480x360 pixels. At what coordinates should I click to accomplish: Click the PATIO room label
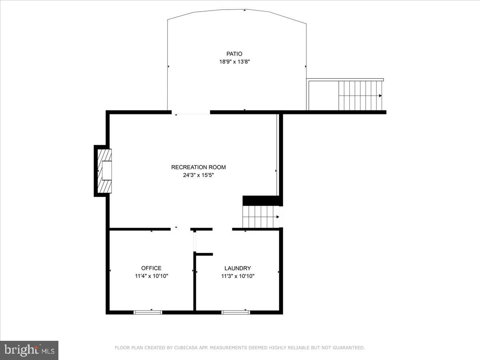(234, 54)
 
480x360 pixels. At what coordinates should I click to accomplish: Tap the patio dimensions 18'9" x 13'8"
(234, 62)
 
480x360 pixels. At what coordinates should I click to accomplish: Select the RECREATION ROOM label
(198, 167)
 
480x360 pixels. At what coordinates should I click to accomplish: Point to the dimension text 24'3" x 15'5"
(198, 175)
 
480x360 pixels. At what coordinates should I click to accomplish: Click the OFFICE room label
(151, 268)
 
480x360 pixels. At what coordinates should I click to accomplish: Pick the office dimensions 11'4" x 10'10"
(151, 276)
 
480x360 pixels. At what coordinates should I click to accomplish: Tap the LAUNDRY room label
(238, 268)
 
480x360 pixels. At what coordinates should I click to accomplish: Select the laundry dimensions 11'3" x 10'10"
(238, 276)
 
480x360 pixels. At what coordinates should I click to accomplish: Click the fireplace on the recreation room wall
(105, 171)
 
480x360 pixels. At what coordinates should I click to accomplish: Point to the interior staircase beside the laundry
(261, 217)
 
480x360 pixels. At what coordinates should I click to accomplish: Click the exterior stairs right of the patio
(360, 96)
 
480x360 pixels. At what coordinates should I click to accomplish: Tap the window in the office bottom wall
(148, 312)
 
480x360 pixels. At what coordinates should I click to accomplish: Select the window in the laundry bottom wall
(236, 312)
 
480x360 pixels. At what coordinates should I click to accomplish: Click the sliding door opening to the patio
(191, 113)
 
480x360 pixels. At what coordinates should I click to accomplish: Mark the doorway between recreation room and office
(180, 229)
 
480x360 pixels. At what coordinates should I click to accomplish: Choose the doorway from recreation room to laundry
(222, 229)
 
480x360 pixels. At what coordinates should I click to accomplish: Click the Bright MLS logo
(29, 350)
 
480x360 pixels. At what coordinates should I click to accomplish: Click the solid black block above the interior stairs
(260, 200)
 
